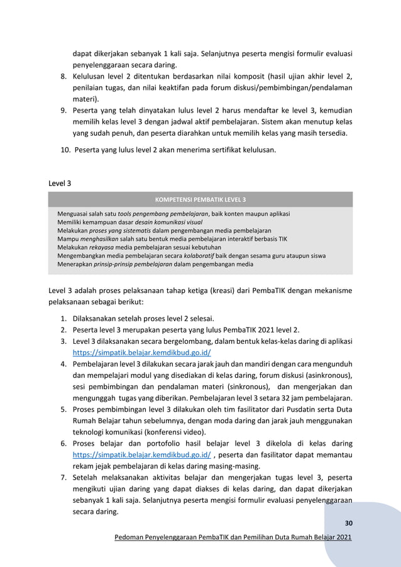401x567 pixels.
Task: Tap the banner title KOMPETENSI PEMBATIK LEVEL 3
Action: click(x=200, y=200)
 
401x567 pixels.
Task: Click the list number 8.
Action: click(x=63, y=76)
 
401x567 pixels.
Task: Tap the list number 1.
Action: click(x=63, y=317)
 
